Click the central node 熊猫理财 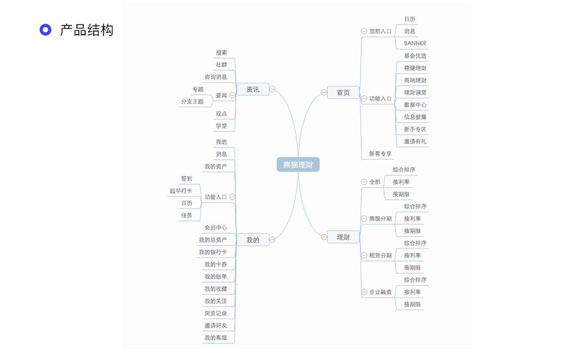coord(298,164)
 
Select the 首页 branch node coord(343,92)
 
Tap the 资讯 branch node coord(253,89)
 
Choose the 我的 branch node coord(253,240)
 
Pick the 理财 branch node coord(343,237)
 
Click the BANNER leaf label coord(415,43)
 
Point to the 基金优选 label coord(415,56)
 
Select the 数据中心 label coord(415,105)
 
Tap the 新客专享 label coord(380,154)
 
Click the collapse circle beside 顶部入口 coord(364,31)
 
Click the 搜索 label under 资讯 coord(221,53)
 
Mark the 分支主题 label coord(192,101)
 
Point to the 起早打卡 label coord(181,191)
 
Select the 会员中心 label coord(215,228)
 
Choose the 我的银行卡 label coord(212,253)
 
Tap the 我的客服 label coord(215,338)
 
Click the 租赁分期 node coord(380,256)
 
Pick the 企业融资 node coord(380,292)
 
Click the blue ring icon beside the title coord(45,30)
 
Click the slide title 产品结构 coord(86,30)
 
